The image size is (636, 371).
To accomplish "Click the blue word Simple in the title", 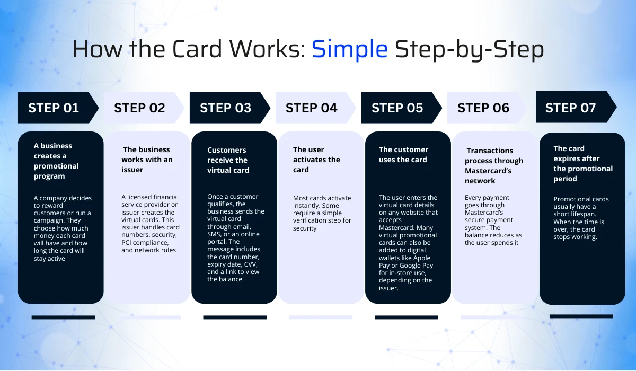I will point(349,49).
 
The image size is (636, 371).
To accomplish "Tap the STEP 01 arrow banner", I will point(54,108).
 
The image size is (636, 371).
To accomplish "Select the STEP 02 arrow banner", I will point(140,108).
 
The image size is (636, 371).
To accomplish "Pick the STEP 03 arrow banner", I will point(226,108).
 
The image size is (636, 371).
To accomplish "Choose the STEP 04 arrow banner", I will point(312,108).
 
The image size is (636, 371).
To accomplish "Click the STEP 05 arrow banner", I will point(397,108).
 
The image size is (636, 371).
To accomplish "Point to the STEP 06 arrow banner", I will point(483,108).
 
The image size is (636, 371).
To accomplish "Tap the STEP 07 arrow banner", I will point(571,108).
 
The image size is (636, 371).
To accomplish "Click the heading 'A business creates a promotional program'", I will point(56,161).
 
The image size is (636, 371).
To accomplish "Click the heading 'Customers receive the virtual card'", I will point(228,160).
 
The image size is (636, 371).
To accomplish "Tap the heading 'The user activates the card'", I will point(316,160).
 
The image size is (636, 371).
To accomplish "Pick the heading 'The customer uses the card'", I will point(403,154).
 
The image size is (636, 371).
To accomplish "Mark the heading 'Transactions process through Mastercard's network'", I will point(494,165).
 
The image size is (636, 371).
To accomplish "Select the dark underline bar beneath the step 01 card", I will point(63,317).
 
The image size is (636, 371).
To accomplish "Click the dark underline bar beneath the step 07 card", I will point(581,316).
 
